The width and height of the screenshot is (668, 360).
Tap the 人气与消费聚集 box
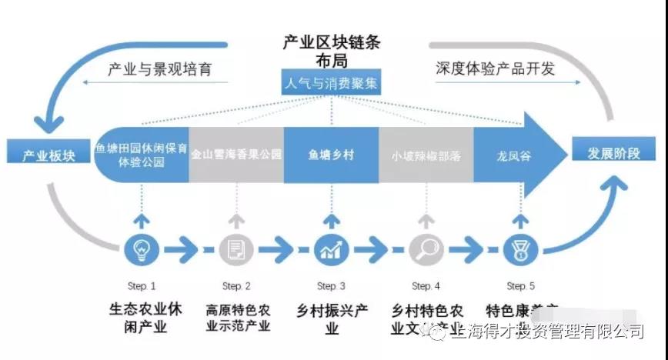coord(332,83)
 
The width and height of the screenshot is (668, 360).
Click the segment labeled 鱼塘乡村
coord(331,154)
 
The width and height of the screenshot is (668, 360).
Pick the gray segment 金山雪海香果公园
coord(236,154)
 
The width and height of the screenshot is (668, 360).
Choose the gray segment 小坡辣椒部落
coord(426,155)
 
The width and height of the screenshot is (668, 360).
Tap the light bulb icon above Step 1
coord(142,250)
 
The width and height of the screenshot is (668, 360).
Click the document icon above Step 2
coord(236,250)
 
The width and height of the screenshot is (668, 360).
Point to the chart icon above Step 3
coord(332,250)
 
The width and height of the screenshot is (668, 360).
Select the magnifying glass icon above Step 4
coord(425,250)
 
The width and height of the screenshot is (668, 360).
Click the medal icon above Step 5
coord(521,250)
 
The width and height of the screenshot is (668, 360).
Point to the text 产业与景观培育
coord(159,69)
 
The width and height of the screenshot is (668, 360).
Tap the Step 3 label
coord(332,286)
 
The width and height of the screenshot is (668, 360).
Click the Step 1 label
coord(142,286)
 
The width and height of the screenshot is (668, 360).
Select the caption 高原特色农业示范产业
coord(238,318)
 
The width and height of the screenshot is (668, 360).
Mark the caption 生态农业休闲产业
coord(143,318)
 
